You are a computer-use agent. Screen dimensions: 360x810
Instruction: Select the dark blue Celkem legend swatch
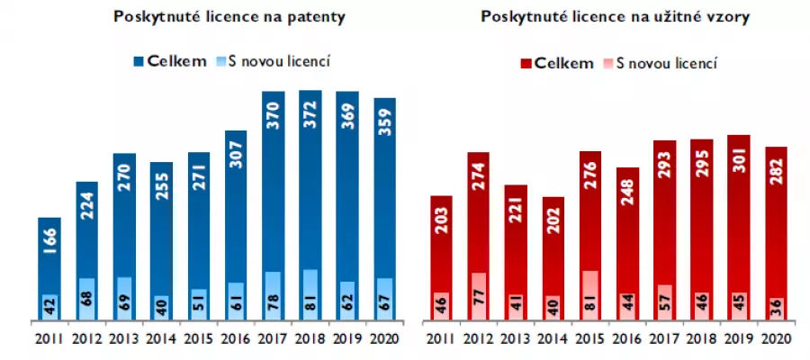tap(139, 61)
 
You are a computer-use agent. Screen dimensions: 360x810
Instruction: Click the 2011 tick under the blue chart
tap(50, 340)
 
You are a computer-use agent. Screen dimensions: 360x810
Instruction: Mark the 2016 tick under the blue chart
tap(235, 340)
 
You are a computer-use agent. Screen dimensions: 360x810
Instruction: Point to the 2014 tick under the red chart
tap(553, 340)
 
